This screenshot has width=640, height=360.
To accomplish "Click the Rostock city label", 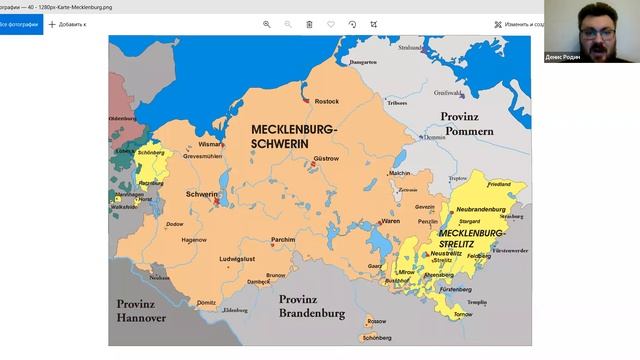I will [327, 101].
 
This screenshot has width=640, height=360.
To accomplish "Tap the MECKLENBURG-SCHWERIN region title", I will [294, 138].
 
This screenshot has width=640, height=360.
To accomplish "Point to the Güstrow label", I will [326, 158].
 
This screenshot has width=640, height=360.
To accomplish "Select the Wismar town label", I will [240, 144].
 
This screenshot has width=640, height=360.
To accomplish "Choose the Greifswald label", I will [449, 92].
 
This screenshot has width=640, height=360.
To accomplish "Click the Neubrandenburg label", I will [484, 209].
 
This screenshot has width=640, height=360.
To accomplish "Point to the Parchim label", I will [284, 239].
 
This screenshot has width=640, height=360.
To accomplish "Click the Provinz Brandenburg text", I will [312, 306].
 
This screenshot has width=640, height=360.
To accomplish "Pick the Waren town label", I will [390, 221].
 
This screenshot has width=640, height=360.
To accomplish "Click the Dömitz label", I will [207, 302].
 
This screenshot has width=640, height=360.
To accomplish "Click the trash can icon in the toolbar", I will [309, 23].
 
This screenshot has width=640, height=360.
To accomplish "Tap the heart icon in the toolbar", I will [331, 23].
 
